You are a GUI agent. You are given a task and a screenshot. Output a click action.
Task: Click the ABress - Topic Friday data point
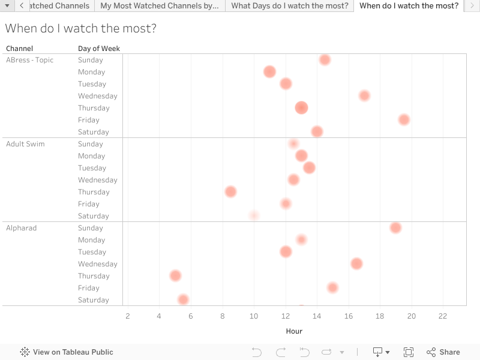point(404,120)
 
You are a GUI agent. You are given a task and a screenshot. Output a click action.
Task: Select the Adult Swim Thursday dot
point(230,192)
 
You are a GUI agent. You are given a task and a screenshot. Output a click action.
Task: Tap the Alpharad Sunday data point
point(395,228)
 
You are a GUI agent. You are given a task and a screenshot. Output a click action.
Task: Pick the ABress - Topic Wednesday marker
point(364,96)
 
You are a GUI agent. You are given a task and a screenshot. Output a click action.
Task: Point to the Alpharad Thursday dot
point(175,276)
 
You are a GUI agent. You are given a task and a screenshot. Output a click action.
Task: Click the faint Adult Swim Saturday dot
point(254,215)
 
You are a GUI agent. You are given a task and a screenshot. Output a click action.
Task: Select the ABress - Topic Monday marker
point(269,72)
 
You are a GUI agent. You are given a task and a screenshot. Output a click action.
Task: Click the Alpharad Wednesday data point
point(356,264)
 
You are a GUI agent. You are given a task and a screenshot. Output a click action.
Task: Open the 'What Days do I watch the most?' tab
point(289,6)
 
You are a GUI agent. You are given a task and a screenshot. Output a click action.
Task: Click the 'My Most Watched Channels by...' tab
point(159,6)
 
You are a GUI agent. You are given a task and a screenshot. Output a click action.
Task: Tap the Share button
point(443,352)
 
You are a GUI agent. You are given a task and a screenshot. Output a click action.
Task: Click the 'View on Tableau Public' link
point(67,352)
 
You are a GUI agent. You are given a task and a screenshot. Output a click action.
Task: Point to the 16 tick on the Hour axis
point(349,316)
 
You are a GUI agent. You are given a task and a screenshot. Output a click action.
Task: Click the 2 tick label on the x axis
point(127,316)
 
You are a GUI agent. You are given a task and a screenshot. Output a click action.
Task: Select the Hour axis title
point(294,331)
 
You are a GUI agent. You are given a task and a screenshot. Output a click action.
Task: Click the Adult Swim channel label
point(25,144)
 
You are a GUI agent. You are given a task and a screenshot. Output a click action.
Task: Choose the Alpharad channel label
point(21,228)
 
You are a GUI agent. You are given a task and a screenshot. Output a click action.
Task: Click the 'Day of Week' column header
point(99,49)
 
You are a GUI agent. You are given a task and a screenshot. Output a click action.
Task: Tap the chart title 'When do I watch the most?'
point(81,28)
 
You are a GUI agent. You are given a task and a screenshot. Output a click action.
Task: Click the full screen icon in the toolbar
point(409,352)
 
